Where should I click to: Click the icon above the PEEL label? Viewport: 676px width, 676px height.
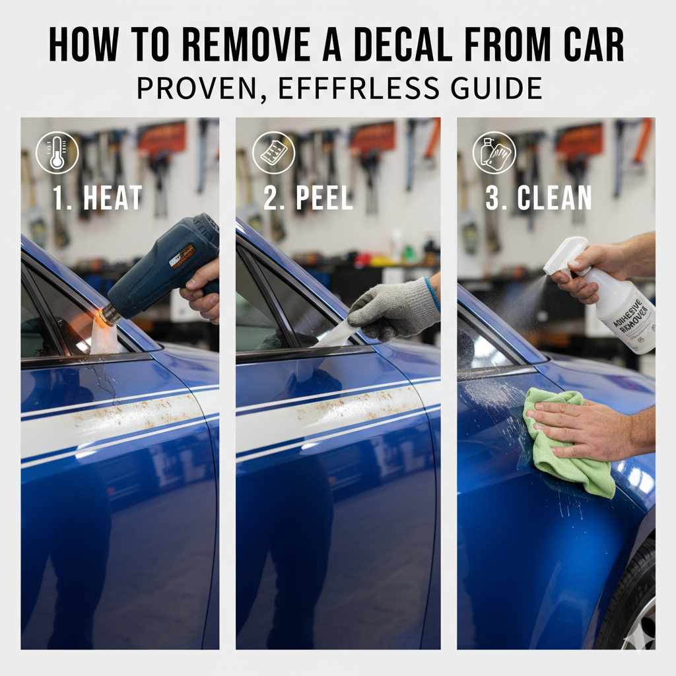click(x=273, y=152)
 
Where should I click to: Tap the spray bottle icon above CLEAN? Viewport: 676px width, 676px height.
click(x=494, y=152)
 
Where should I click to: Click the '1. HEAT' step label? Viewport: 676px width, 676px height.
click(x=98, y=197)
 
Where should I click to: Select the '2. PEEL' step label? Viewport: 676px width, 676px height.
click(x=308, y=197)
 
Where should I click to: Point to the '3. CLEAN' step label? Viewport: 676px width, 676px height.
click(x=538, y=197)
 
